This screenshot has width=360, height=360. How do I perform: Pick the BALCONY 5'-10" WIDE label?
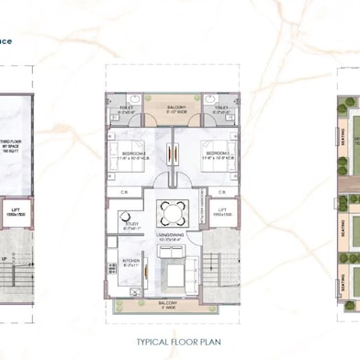(175, 110)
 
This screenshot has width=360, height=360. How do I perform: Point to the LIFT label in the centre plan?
(222, 214)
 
